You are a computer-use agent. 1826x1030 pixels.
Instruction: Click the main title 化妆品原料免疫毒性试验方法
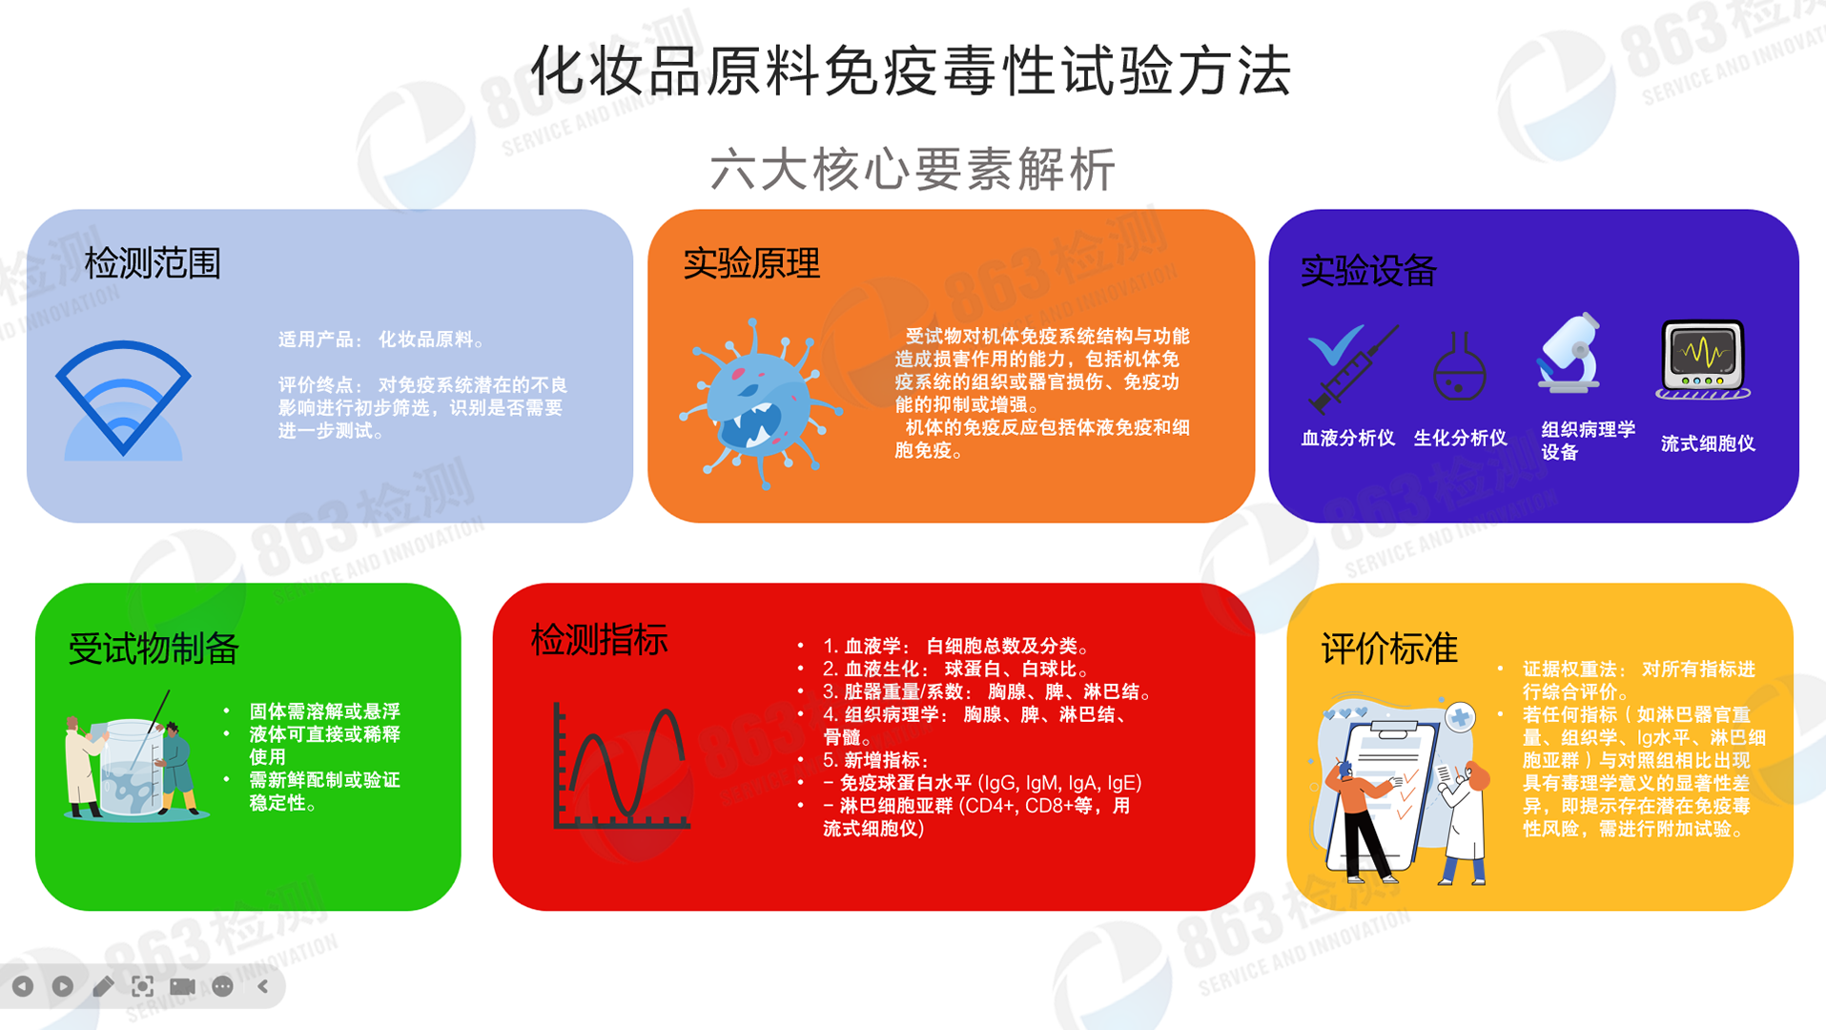pyautogui.click(x=912, y=71)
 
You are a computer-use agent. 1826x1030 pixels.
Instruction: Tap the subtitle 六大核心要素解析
pyautogui.click(x=913, y=170)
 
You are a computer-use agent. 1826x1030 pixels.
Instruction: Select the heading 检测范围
pyautogui.click(x=153, y=263)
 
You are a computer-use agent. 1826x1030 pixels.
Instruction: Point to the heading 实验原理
pyautogui.click(x=751, y=264)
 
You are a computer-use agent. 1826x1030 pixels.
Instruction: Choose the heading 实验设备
pyautogui.click(x=1368, y=271)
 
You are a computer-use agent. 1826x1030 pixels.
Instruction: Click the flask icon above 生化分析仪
pyautogui.click(x=1460, y=367)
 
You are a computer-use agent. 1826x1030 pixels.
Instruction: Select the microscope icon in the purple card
pyautogui.click(x=1570, y=353)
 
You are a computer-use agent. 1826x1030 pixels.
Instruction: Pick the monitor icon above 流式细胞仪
pyautogui.click(x=1704, y=360)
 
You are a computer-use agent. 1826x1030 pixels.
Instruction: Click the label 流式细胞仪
pyautogui.click(x=1708, y=443)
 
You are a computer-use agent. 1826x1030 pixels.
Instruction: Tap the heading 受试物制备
pyautogui.click(x=154, y=649)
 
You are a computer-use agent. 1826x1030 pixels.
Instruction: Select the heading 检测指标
pyautogui.click(x=599, y=640)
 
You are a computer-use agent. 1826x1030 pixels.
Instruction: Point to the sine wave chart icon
pyautogui.click(x=622, y=766)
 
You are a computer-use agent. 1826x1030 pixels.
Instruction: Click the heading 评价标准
pyautogui.click(x=1389, y=649)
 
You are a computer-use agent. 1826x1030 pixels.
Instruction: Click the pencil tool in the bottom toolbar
pyautogui.click(x=103, y=986)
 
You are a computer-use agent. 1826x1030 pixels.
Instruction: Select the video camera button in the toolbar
pyautogui.click(x=182, y=986)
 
